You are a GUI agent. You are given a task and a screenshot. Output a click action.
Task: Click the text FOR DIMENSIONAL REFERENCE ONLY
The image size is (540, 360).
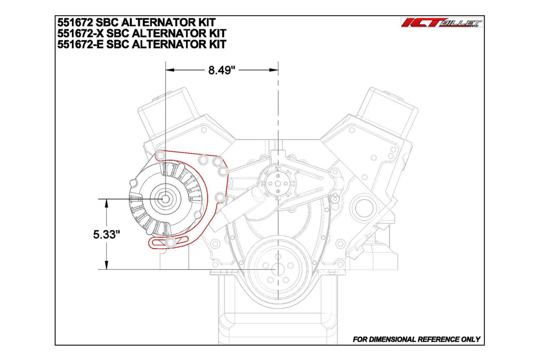pyautogui.click(x=416, y=339)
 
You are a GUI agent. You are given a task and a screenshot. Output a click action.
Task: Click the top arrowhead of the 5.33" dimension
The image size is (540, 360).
pyautogui.click(x=107, y=203)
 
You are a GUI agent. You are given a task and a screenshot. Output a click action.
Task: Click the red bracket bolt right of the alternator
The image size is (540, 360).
pyautogui.click(x=219, y=196)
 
